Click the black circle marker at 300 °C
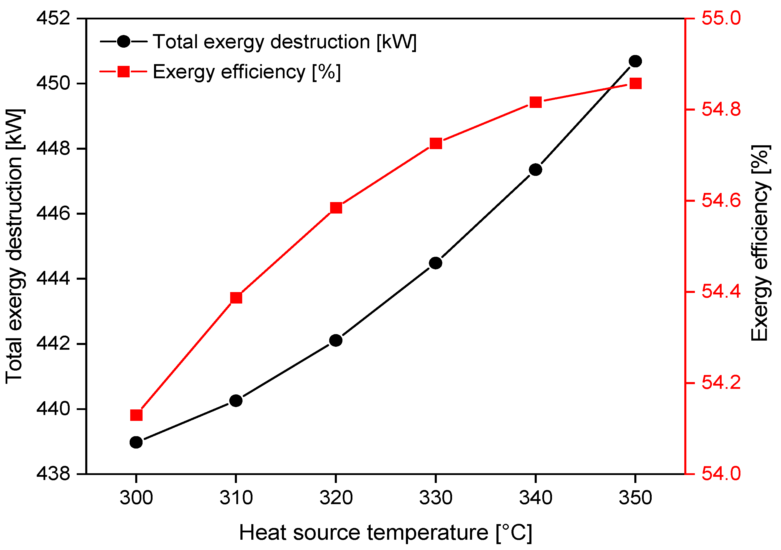[136, 442]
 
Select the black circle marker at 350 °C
[635, 61]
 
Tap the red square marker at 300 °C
[136, 415]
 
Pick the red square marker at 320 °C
[336, 208]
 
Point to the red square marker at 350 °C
[635, 84]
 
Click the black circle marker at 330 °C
[435, 263]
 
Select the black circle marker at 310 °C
[236, 401]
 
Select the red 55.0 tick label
[721, 18]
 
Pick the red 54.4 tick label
[721, 292]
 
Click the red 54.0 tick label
[721, 474]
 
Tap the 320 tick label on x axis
[336, 498]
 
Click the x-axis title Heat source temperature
[385, 533]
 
